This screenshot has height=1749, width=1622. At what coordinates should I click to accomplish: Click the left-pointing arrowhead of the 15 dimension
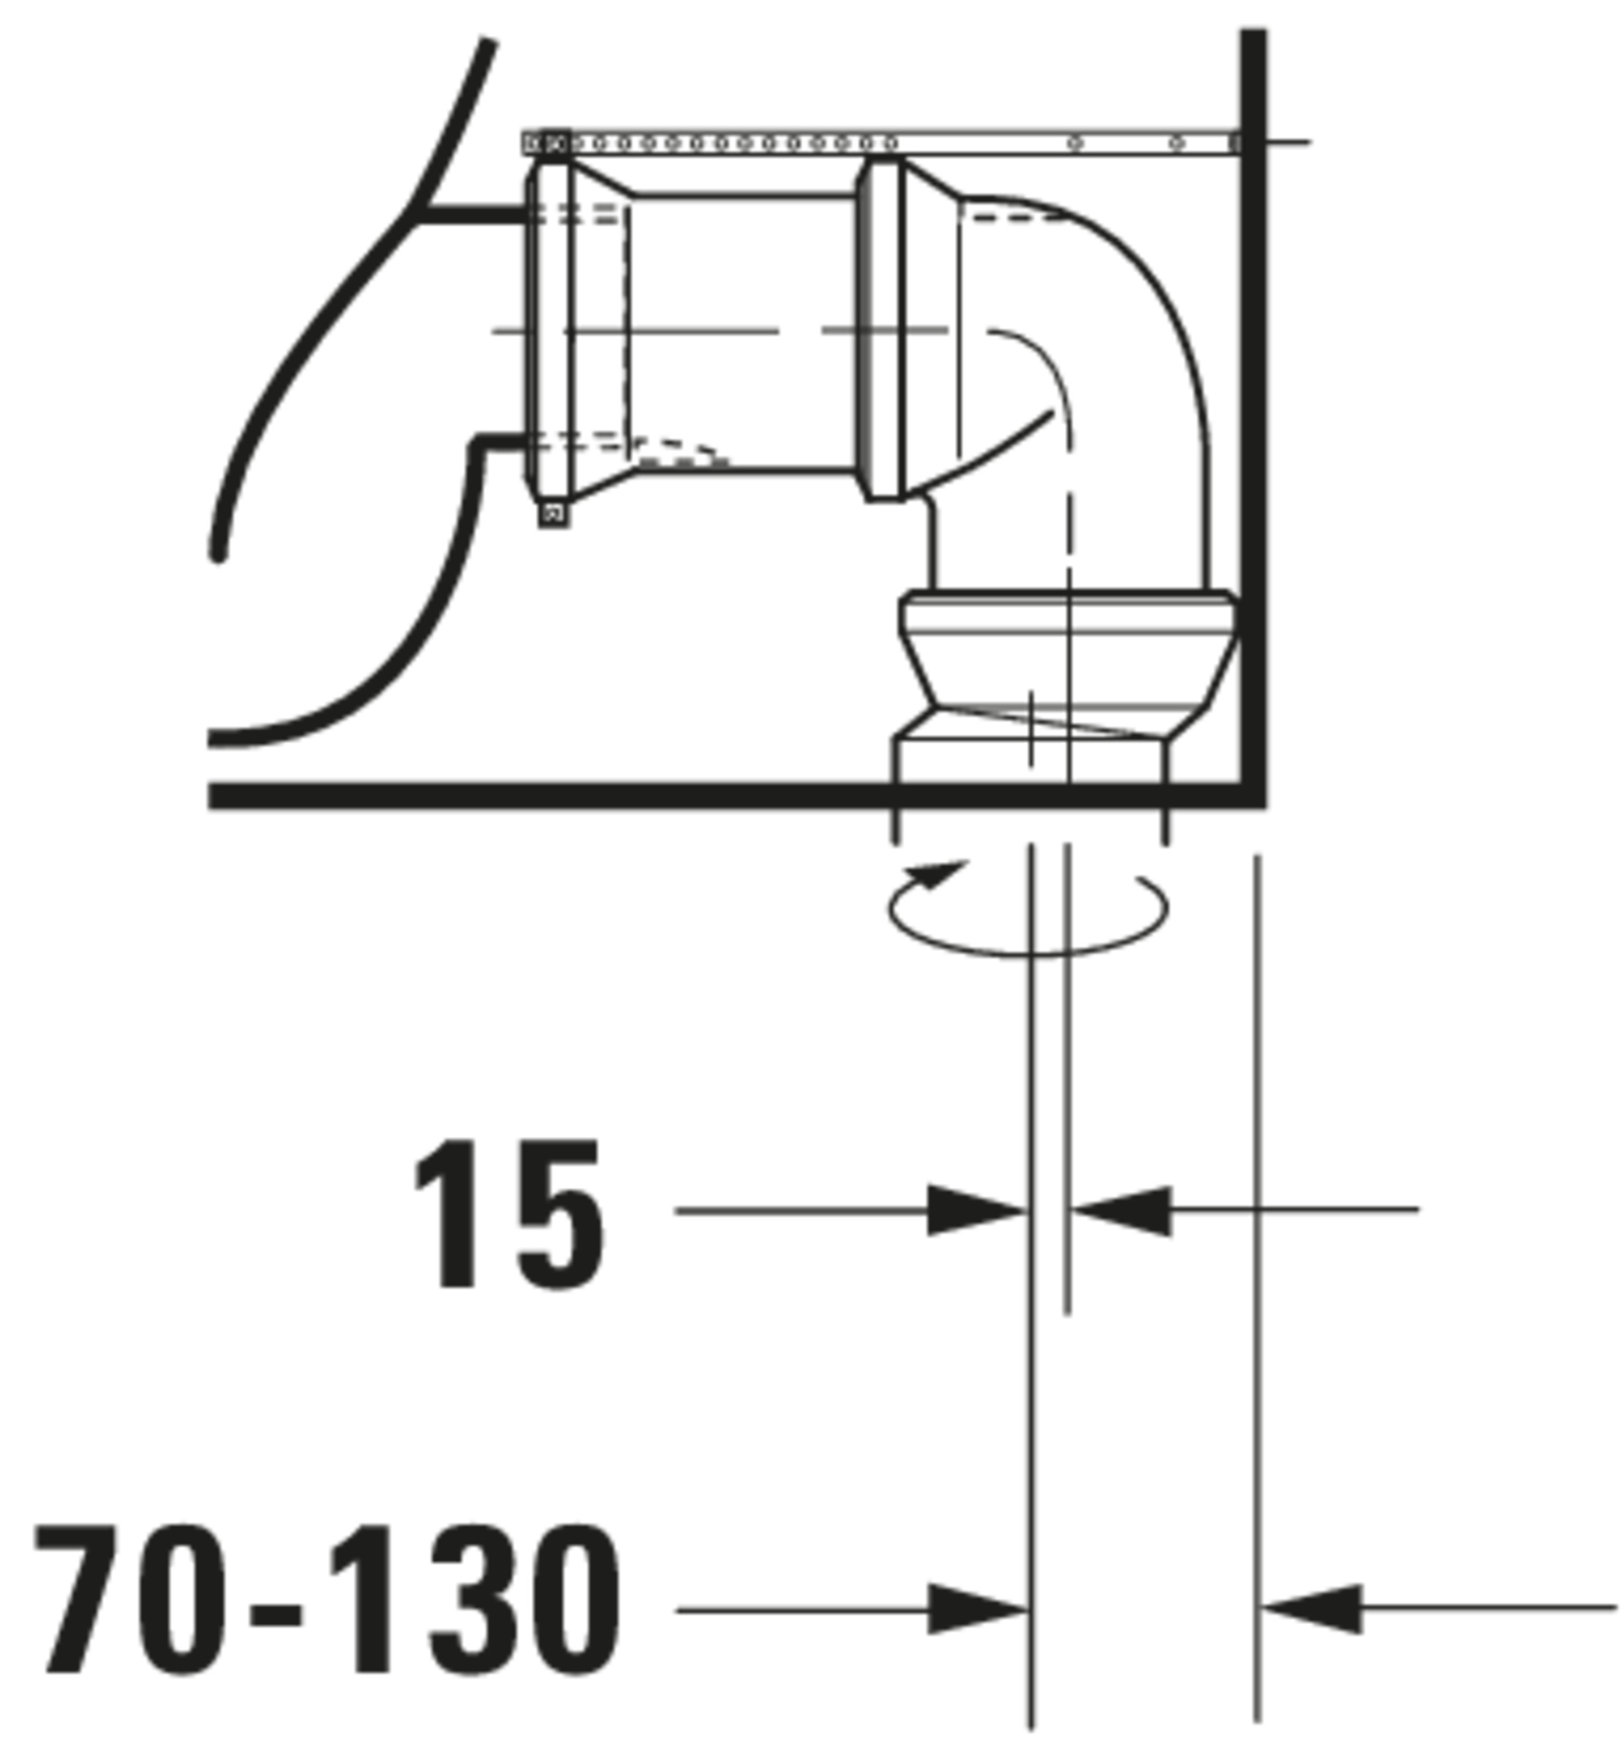click(x=1122, y=1211)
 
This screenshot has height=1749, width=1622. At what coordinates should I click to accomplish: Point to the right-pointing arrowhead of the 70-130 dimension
click(x=977, y=1610)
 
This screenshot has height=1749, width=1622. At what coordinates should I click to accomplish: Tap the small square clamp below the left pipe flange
click(x=553, y=514)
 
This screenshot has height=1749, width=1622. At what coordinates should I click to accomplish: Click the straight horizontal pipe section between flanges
click(x=745, y=333)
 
